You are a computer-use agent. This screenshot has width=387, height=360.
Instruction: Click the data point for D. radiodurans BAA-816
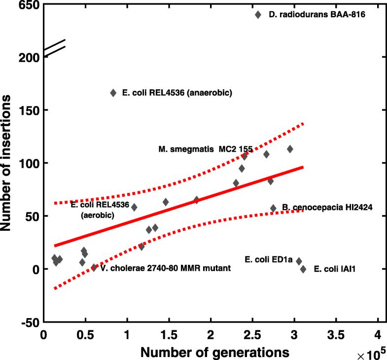pyautogui.click(x=258, y=15)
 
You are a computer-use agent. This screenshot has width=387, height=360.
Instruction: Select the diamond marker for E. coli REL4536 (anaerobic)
pyautogui.click(x=113, y=93)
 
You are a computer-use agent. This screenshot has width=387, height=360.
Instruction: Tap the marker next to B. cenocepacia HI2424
pyautogui.click(x=273, y=208)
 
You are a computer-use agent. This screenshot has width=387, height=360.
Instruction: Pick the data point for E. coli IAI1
pyautogui.click(x=303, y=269)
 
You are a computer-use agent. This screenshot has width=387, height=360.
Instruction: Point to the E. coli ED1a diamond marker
pyautogui.click(x=299, y=261)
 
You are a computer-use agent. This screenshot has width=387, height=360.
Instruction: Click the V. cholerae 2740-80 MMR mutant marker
pyautogui.click(x=94, y=268)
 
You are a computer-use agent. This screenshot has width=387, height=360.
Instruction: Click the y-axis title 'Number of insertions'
pyautogui.click(x=8, y=163)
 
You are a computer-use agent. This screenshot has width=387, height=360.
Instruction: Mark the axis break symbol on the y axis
pyautogui.click(x=54, y=47)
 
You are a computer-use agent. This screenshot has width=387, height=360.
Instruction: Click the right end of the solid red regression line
pyautogui.click(x=303, y=167)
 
